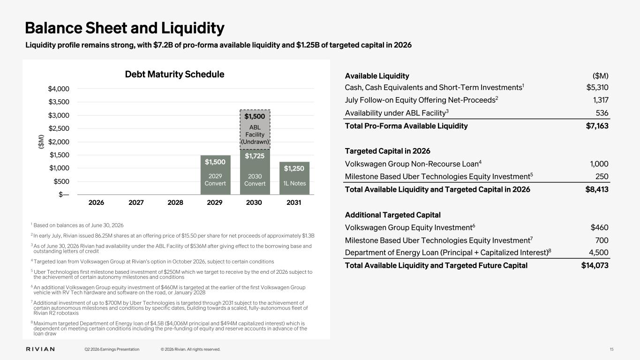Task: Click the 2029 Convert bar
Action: click(x=215, y=175)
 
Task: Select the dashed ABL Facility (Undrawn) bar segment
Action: click(x=255, y=129)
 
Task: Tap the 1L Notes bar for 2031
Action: click(x=294, y=178)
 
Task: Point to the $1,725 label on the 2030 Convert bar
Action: click(x=255, y=156)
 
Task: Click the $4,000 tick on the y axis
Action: click(x=59, y=89)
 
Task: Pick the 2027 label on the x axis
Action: click(x=136, y=202)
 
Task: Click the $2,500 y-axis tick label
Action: click(x=59, y=128)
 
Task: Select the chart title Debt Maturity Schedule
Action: click(x=174, y=74)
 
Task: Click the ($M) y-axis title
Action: click(x=41, y=142)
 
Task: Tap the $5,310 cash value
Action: click(x=597, y=88)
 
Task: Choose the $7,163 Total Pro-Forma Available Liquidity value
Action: click(x=597, y=126)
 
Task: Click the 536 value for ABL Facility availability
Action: click(x=602, y=113)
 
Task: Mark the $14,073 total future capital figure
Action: click(x=595, y=265)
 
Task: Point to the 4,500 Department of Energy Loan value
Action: click(x=599, y=253)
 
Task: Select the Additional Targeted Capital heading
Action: click(x=392, y=215)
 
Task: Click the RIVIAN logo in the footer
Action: click(x=40, y=349)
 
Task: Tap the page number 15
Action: click(x=611, y=349)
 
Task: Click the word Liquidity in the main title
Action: click(x=193, y=28)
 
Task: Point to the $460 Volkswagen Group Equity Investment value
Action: click(x=599, y=227)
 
